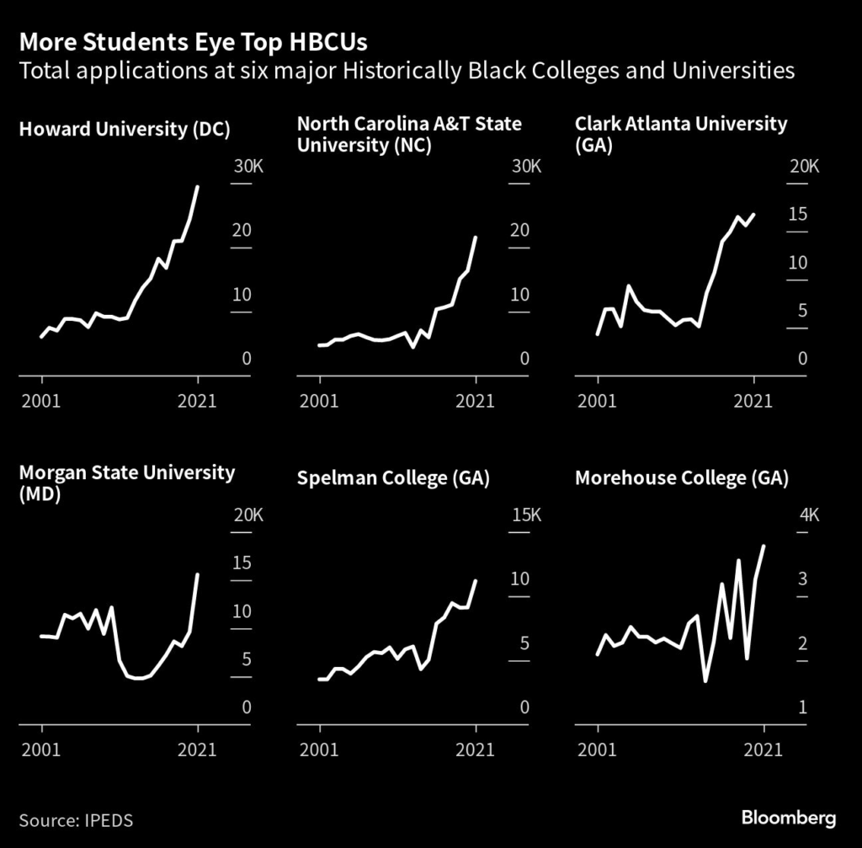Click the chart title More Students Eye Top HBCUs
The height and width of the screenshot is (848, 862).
tap(193, 41)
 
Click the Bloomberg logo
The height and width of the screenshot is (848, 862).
tap(789, 818)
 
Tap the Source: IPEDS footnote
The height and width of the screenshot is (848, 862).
tap(76, 819)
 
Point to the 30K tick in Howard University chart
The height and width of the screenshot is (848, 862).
tap(248, 166)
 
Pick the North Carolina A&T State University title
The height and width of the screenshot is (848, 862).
tap(409, 134)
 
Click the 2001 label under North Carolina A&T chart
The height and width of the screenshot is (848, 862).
tap(320, 401)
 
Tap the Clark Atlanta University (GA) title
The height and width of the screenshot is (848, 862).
tap(681, 134)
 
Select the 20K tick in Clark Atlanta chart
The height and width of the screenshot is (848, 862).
tap(803, 166)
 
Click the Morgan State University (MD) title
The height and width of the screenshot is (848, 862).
tap(126, 483)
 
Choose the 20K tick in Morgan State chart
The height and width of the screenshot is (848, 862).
tap(248, 515)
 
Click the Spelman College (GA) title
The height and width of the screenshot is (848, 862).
tap(393, 479)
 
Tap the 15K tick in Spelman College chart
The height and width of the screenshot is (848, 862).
tap(526, 515)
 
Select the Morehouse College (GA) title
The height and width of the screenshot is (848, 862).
tap(681, 479)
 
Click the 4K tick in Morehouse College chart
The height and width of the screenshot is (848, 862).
tap(808, 515)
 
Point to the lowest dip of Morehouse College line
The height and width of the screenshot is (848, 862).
tap(705, 680)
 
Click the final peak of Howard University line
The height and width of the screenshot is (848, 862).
tap(198, 187)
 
